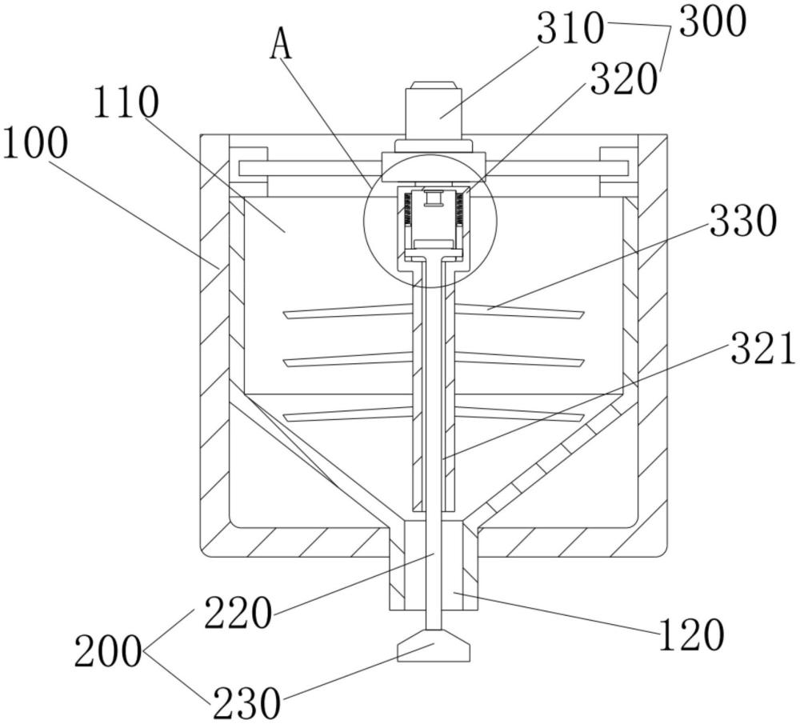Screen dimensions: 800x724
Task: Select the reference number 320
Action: pyautogui.click(x=623, y=79)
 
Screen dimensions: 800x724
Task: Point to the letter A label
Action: pyautogui.click(x=282, y=44)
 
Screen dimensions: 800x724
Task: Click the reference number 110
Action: pyautogui.click(x=126, y=102)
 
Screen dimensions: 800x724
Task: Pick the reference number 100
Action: pyautogui.click(x=34, y=143)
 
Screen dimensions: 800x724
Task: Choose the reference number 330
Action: pyautogui.click(x=743, y=221)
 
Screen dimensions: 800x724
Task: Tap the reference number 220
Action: pyautogui.click(x=238, y=613)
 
